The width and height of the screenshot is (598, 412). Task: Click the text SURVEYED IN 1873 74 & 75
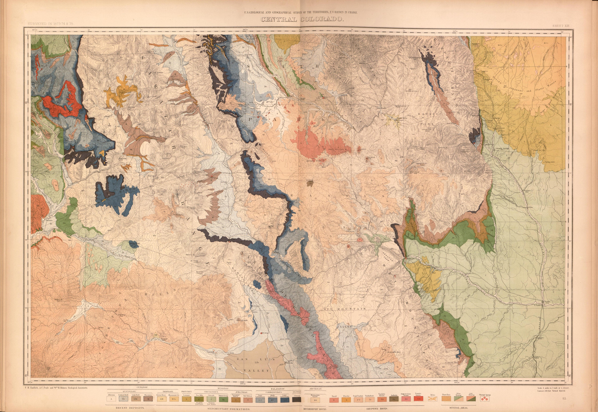pos(51,23)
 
